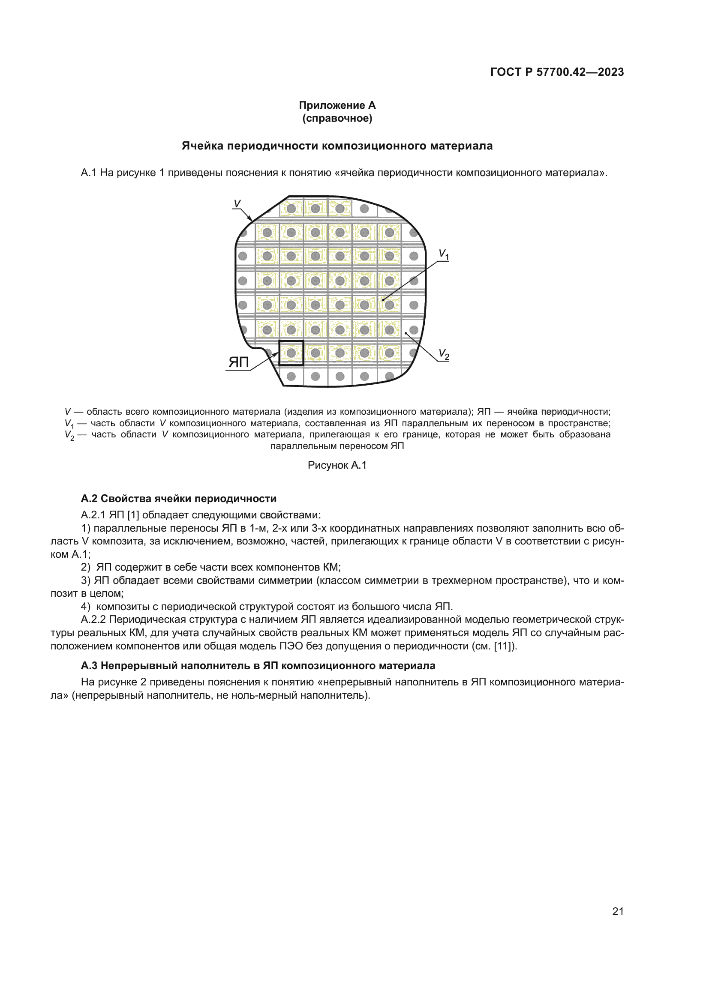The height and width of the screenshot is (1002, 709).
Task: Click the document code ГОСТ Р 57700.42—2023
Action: [x=557, y=72]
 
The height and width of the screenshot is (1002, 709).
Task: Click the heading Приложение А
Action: [x=337, y=105]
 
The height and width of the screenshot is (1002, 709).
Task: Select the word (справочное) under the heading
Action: [x=337, y=118]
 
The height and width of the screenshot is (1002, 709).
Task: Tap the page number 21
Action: [x=618, y=911]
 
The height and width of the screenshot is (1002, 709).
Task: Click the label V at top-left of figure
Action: [x=237, y=203]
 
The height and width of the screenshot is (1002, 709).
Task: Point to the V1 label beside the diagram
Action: [x=444, y=254]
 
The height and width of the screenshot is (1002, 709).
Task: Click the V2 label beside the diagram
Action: [x=444, y=354]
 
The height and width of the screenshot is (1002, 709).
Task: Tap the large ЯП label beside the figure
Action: [x=239, y=362]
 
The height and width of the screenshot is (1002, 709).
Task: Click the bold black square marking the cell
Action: [x=291, y=353]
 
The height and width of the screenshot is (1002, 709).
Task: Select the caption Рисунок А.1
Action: [x=337, y=465]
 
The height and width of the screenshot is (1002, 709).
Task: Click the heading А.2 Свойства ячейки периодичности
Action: [x=179, y=498]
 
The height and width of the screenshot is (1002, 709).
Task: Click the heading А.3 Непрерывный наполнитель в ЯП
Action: [x=258, y=666]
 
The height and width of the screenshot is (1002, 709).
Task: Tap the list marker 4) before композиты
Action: [x=86, y=607]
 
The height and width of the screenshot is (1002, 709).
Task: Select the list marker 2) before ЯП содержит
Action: [x=86, y=567]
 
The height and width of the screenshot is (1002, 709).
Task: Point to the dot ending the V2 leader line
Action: [x=406, y=333]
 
